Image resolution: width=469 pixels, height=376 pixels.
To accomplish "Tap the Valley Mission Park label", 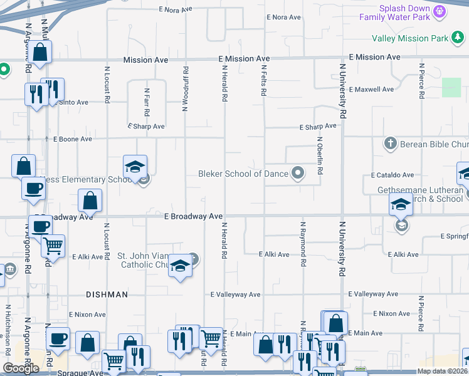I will pos(409,38).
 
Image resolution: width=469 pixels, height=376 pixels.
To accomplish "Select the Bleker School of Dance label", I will pos(243,174).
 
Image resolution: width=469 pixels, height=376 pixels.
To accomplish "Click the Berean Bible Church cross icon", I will pos(390,144).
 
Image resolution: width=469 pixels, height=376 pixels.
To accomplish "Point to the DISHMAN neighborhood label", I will pos(107,295).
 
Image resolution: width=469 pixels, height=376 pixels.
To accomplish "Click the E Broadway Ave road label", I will pos(194,216).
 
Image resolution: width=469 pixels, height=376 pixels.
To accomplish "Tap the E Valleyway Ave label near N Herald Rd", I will pos(235,295).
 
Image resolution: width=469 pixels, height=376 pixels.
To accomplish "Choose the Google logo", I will pos(21,368).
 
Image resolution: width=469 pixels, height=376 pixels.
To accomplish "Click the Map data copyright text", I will pos(441,371).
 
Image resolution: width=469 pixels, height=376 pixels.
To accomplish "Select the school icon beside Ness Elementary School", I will pos(135,167).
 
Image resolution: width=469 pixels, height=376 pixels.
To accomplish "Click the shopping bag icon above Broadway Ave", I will pos(90,201).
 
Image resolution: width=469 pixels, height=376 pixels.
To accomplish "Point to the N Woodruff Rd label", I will pos(186,89).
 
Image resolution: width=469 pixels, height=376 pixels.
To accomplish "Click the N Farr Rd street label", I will pos(147,102).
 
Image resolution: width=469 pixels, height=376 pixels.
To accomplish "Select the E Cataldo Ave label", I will pos(393,175).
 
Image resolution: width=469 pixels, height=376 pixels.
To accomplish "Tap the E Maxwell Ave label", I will pos(372,90).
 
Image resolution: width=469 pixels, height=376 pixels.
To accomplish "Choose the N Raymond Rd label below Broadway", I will pos(303,236).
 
